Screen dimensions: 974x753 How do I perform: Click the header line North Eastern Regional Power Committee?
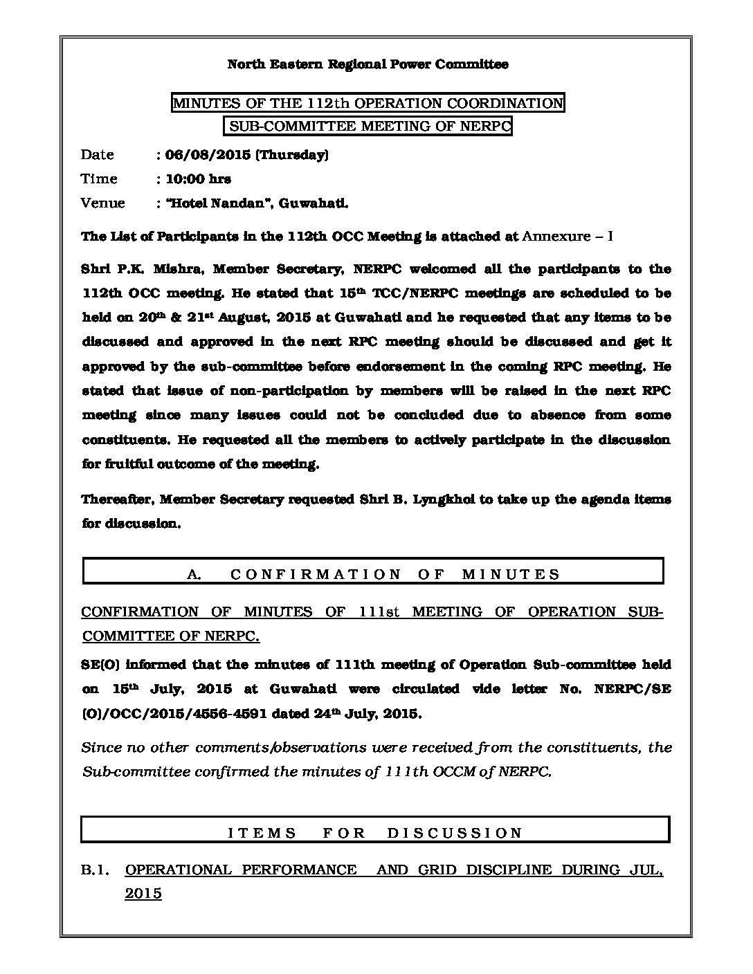click(x=368, y=64)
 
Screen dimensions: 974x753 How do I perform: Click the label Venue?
click(x=102, y=203)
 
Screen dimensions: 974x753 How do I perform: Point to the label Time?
click(x=99, y=179)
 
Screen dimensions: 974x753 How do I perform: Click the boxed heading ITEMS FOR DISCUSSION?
click(x=375, y=833)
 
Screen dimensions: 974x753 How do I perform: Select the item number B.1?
click(x=95, y=870)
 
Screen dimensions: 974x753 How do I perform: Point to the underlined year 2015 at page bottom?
click(x=143, y=894)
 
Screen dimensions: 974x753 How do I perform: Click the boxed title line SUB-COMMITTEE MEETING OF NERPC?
click(x=368, y=127)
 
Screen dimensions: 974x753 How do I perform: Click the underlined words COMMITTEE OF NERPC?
click(x=170, y=636)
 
